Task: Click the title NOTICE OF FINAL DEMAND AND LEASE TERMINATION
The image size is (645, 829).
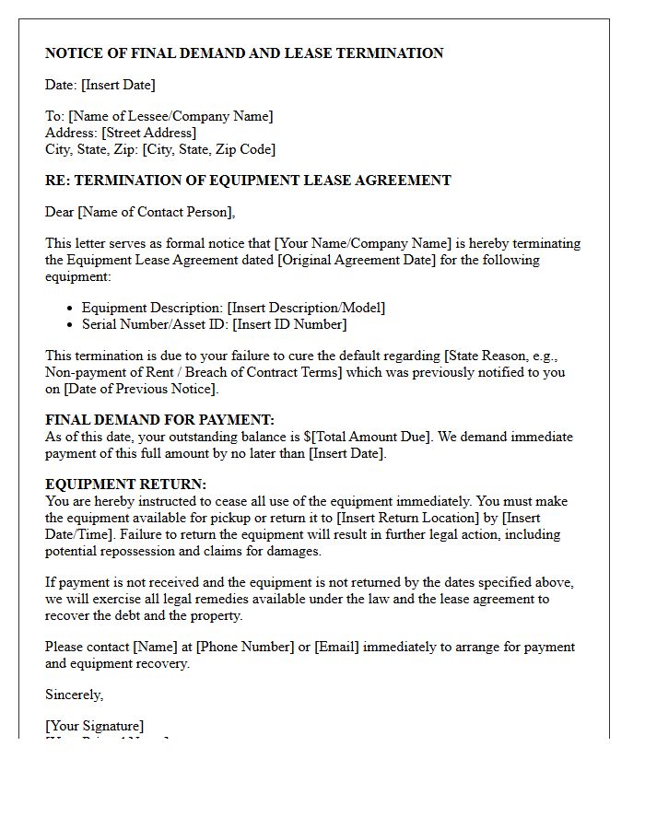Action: click(x=244, y=53)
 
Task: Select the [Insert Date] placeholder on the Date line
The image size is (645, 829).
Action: click(x=118, y=85)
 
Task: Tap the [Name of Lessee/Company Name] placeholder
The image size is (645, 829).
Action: click(x=170, y=116)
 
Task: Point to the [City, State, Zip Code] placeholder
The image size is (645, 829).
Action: click(x=208, y=149)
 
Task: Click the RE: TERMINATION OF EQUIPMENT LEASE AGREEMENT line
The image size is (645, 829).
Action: click(x=248, y=181)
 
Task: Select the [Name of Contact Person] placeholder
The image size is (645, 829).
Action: click(x=156, y=212)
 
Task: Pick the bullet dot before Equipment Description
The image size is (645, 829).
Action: click(x=71, y=309)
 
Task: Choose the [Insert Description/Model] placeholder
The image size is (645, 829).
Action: click(x=306, y=308)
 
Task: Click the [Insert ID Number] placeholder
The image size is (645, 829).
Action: click(x=289, y=324)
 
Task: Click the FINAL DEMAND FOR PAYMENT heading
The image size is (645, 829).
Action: click(x=159, y=420)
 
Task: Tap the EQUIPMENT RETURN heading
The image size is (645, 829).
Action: click(x=126, y=485)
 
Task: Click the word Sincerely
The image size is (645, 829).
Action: click(x=74, y=695)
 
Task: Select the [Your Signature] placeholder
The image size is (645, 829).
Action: click(x=94, y=726)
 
